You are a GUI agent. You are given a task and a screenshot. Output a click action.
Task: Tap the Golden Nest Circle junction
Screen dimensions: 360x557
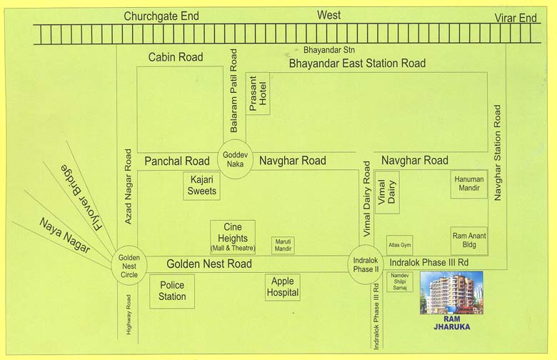pos(130,265)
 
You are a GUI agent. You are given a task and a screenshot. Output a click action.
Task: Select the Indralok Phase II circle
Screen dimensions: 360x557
pos(366,264)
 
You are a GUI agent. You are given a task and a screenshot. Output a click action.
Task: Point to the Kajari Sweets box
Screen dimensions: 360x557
pos(201,186)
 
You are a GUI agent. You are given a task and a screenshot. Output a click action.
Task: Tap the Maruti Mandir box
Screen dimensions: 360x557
pos(283,245)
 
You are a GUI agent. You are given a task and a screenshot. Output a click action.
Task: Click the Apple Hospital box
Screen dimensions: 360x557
pos(282,287)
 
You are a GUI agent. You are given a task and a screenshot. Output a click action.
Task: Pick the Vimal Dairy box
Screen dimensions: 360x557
pos(386,193)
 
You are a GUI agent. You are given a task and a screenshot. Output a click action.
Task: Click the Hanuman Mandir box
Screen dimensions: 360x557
pos(468,184)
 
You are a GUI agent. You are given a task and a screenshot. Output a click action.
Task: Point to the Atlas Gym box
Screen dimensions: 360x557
pos(399,245)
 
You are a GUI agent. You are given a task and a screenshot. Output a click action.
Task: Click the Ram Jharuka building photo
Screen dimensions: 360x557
pos(451,293)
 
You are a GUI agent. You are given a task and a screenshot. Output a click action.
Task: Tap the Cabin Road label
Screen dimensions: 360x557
pos(175,57)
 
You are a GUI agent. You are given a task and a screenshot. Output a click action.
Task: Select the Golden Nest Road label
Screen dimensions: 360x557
pos(209,264)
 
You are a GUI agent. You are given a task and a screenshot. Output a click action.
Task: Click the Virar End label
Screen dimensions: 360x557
pos(516,18)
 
